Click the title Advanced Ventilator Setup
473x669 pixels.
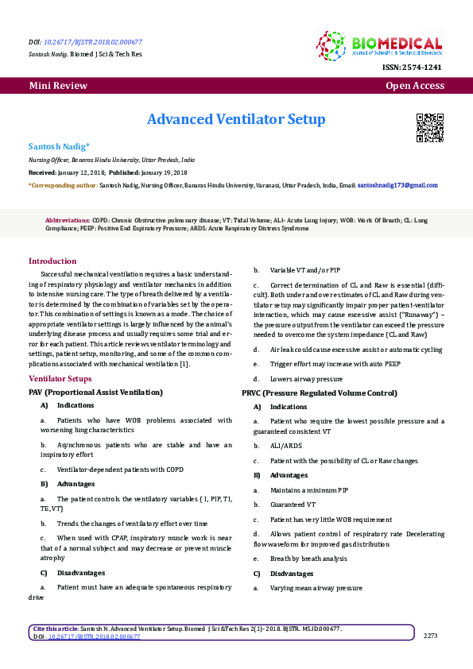point(236,119)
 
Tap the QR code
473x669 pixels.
point(429,127)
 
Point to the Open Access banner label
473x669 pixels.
point(414,86)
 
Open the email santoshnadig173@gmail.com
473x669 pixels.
point(397,185)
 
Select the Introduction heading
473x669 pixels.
point(52,261)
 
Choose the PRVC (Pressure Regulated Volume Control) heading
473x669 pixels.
point(319,393)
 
